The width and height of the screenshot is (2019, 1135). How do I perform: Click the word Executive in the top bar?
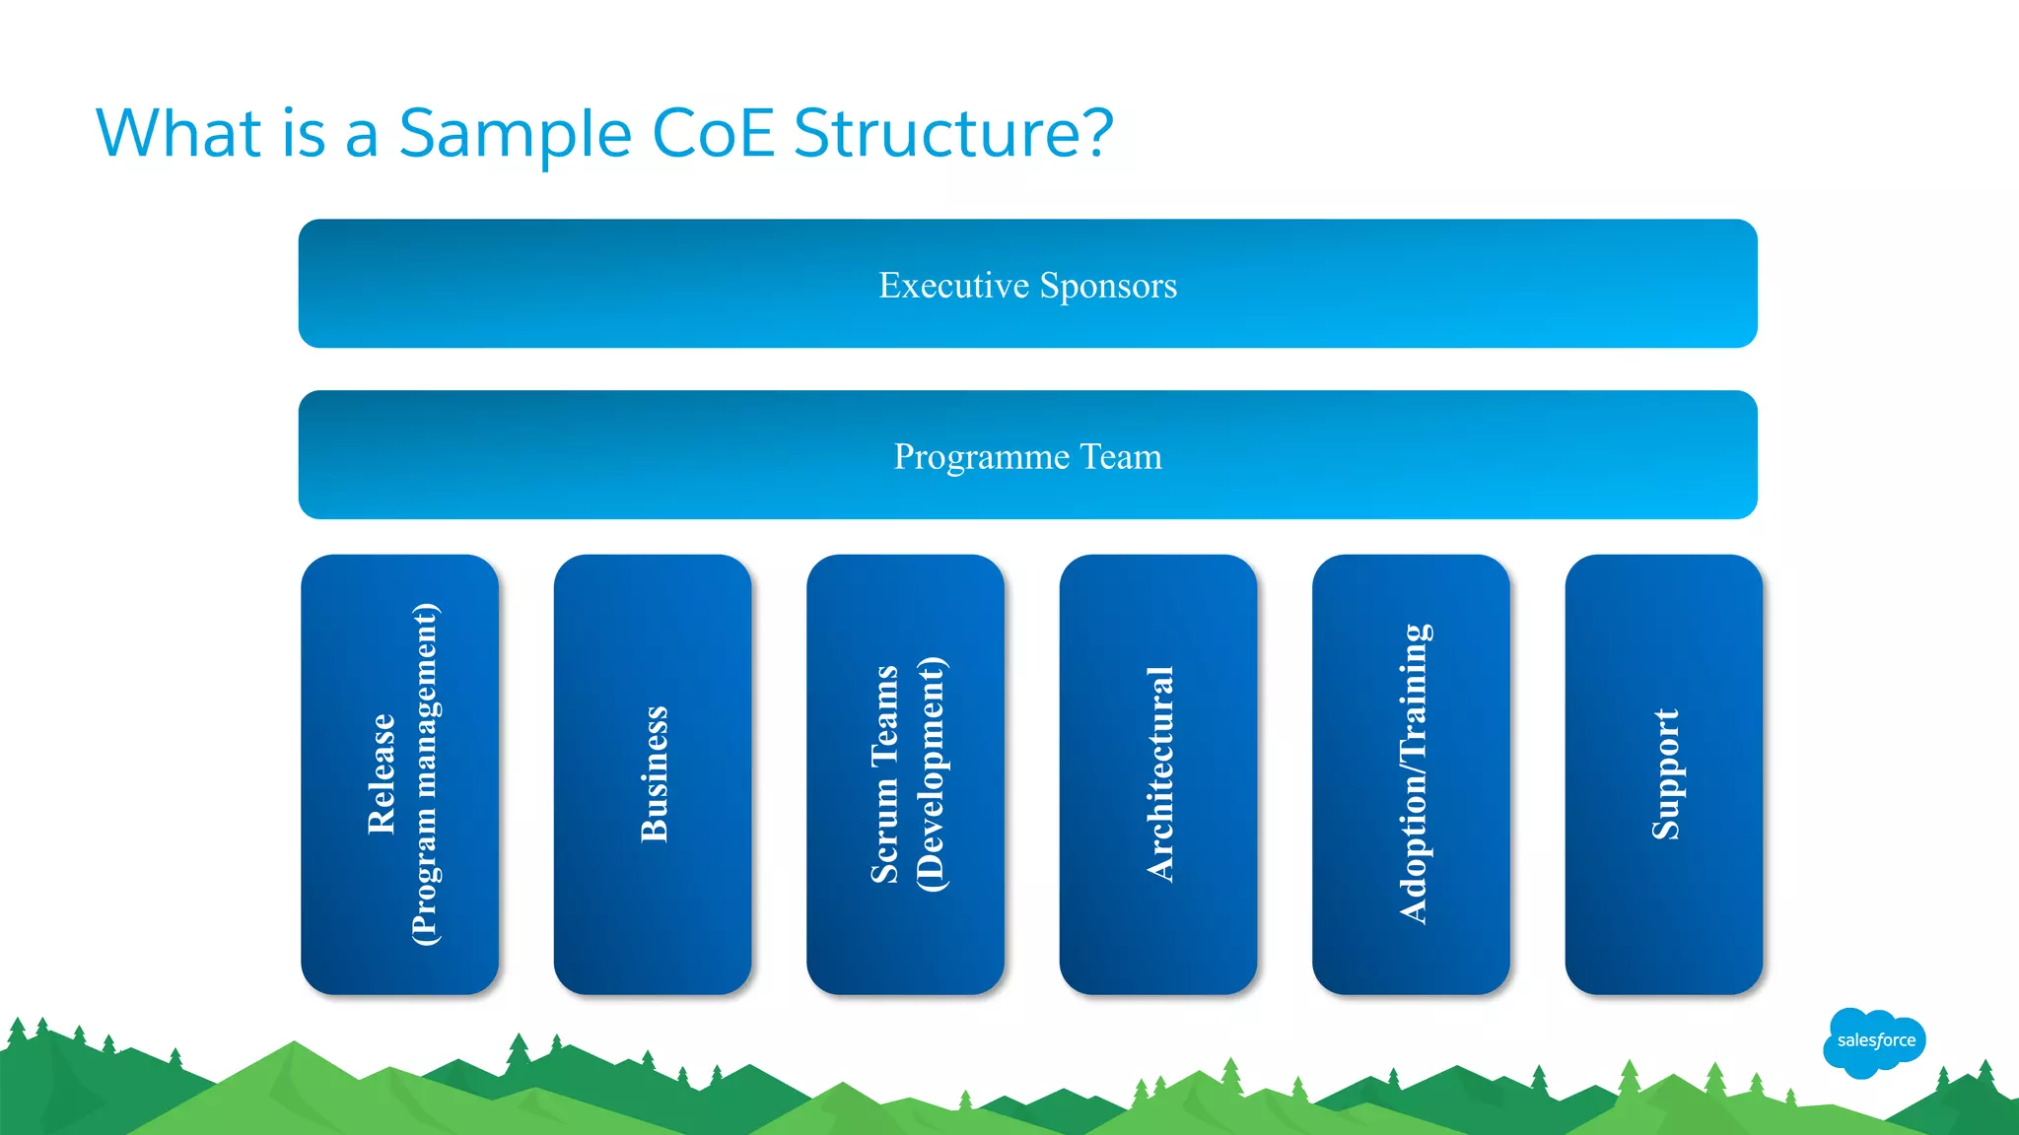tap(953, 285)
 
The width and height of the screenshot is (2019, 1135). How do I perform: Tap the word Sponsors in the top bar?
tap(1108, 285)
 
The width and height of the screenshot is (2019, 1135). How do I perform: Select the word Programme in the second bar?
tap(981, 456)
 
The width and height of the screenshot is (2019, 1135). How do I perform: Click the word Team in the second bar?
tap(1121, 456)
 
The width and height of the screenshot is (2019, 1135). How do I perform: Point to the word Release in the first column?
tap(382, 774)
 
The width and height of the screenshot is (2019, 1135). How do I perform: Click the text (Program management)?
tap(425, 774)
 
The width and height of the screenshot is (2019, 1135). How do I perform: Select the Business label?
tap(654, 774)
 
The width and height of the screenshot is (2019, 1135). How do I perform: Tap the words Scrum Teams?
tap(884, 774)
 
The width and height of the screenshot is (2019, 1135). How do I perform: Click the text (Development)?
tap(930, 774)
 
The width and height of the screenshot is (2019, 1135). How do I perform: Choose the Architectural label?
tap(1159, 774)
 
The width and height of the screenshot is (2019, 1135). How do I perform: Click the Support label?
tap(1665, 774)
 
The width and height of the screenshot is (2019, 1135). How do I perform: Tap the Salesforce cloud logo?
tap(1875, 1040)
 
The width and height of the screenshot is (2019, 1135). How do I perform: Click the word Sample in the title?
tap(515, 133)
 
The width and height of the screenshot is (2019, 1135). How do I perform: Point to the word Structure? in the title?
tap(952, 133)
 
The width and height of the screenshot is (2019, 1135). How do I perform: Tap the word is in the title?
tap(304, 133)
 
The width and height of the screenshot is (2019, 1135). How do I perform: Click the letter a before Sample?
tap(361, 138)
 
